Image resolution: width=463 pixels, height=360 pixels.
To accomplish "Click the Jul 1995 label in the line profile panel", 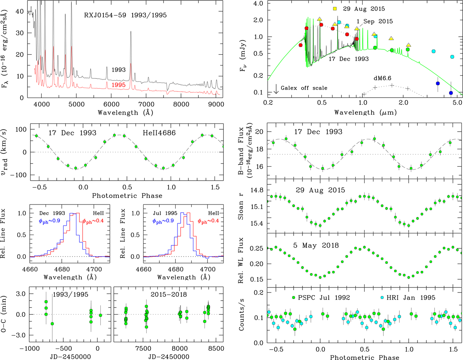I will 157,213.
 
